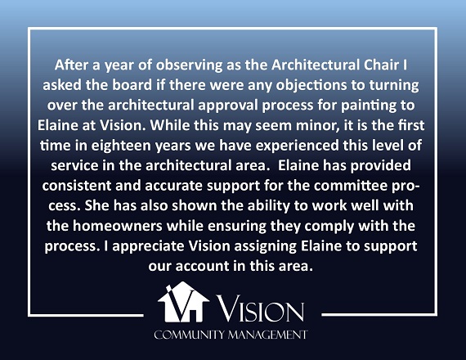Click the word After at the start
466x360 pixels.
coord(72,65)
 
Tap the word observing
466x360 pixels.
coord(190,65)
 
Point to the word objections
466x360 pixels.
coord(311,86)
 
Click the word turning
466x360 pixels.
coord(394,86)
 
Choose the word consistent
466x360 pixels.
coord(76,186)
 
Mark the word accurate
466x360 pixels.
coord(173,187)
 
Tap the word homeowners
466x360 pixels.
coord(118,226)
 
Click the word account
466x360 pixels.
coord(202,266)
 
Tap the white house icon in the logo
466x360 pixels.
coord(183,302)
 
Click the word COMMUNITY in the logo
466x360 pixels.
coord(189,335)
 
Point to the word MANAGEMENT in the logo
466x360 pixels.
coord(267,335)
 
